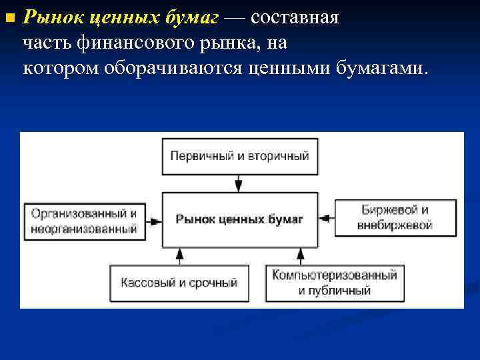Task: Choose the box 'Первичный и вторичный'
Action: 239,156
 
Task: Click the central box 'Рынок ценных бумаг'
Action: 239,219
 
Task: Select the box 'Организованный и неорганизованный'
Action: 84,220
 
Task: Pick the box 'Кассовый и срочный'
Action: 179,283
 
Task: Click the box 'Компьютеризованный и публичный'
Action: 334,283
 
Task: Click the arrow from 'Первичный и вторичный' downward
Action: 239,183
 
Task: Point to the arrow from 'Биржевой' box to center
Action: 327,218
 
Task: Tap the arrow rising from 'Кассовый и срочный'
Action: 179,256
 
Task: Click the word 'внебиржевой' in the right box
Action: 395,225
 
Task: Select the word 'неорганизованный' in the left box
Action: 84,229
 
